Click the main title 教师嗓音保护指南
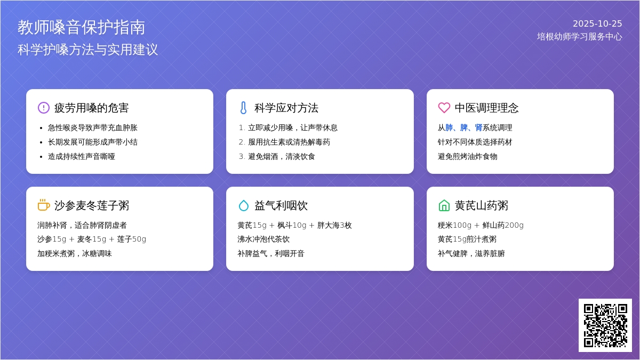(x=82, y=27)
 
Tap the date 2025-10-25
(x=597, y=23)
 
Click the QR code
(x=605, y=325)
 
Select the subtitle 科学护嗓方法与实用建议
(x=87, y=50)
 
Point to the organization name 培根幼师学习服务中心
(x=579, y=37)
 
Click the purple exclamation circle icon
(x=44, y=108)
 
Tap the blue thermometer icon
(x=243, y=108)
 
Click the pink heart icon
(x=444, y=108)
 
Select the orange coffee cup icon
(x=44, y=205)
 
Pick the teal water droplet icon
(x=243, y=205)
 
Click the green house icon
(x=444, y=205)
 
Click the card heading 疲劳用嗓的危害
(x=91, y=108)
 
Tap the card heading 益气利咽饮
(x=281, y=205)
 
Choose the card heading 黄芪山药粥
(x=482, y=205)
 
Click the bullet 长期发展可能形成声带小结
(x=93, y=142)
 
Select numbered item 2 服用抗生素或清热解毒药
(x=289, y=142)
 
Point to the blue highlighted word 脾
(x=463, y=127)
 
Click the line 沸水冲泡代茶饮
(x=263, y=239)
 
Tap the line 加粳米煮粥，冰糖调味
(x=75, y=253)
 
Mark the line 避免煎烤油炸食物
(x=467, y=156)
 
